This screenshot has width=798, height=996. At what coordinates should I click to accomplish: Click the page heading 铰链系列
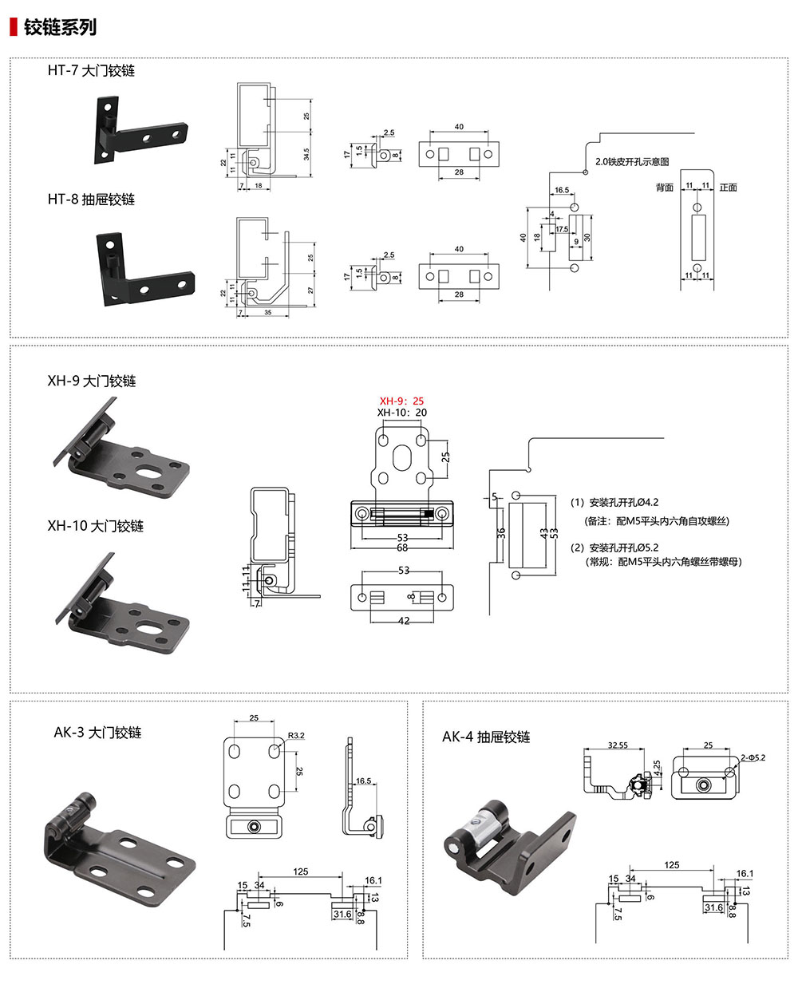click(x=60, y=27)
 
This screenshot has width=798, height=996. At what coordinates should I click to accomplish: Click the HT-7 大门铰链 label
click(x=91, y=71)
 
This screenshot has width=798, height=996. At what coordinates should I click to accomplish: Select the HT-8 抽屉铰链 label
click(x=91, y=200)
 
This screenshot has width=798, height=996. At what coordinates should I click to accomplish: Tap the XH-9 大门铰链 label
click(x=91, y=381)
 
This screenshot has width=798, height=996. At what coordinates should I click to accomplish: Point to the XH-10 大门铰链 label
click(x=95, y=526)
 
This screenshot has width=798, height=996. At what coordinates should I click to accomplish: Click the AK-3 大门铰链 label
click(x=97, y=733)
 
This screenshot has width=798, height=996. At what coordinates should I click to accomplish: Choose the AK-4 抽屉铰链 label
click(x=486, y=737)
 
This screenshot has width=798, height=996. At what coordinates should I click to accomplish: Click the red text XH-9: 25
click(x=402, y=401)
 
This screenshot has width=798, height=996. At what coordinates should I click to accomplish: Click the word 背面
click(x=664, y=188)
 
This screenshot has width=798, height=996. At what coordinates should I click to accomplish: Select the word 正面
click(x=728, y=188)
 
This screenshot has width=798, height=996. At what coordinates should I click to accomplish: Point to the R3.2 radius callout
click(x=295, y=735)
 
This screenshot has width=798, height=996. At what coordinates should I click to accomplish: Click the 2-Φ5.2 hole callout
click(x=753, y=757)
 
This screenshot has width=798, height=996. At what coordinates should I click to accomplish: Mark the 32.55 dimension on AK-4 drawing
click(x=617, y=745)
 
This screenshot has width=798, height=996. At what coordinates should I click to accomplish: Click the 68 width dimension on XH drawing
click(x=402, y=547)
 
